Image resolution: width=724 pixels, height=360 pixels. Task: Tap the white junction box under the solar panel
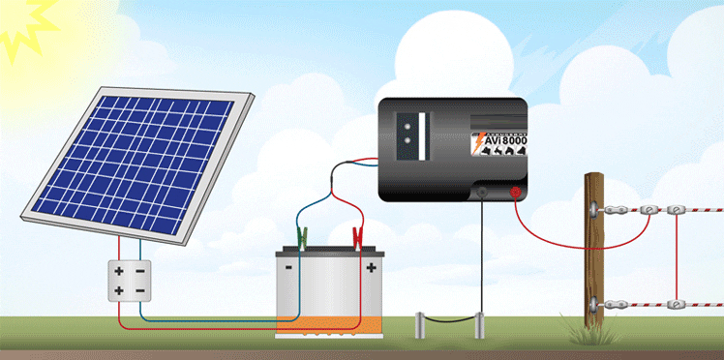[x=129, y=280]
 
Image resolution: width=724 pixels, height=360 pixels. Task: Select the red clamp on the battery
[x=357, y=235]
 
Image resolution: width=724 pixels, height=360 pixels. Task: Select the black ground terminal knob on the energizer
[x=482, y=194]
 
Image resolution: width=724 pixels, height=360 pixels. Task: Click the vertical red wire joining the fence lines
[x=675, y=256]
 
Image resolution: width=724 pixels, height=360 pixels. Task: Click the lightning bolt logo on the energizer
[x=476, y=143]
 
